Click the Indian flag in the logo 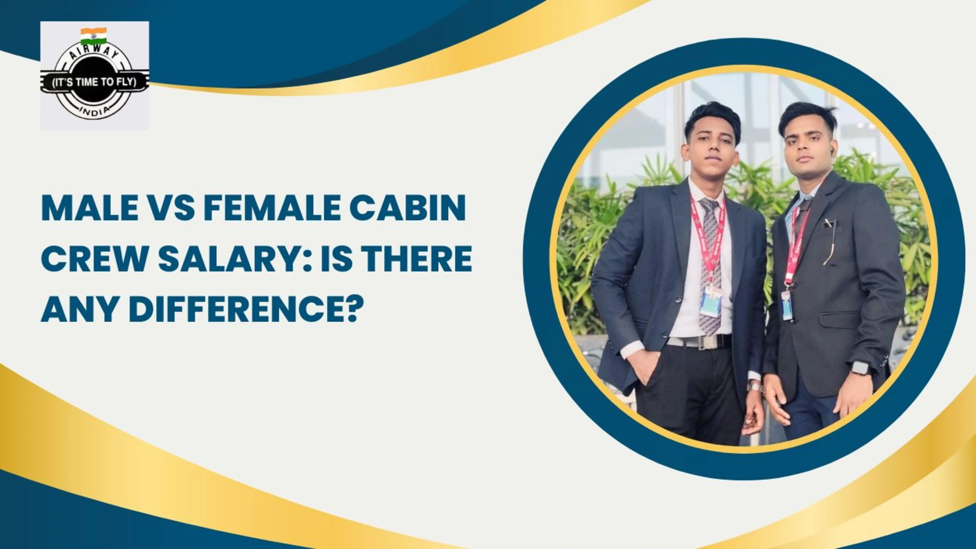pyautogui.click(x=94, y=36)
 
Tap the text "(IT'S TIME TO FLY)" pyautogui.click(x=95, y=82)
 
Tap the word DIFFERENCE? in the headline pyautogui.click(x=247, y=309)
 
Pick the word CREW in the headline pyautogui.click(x=95, y=259)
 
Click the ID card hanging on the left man pyautogui.click(x=711, y=302)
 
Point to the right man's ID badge pyautogui.click(x=787, y=305)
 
